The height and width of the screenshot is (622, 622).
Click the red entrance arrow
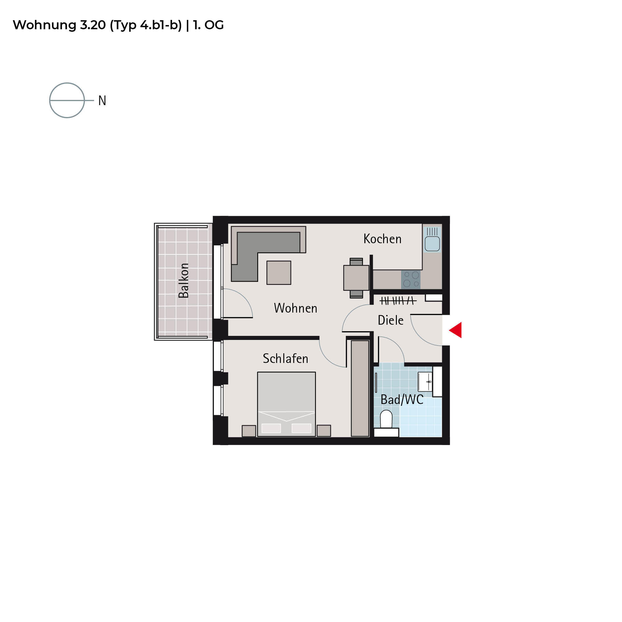point(456,330)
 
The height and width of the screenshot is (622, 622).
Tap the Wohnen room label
point(295,308)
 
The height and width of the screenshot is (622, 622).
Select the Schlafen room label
point(285,358)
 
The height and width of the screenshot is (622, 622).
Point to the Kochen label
point(383,239)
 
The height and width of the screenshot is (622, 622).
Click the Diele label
point(391,320)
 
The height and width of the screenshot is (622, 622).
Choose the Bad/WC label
point(402,399)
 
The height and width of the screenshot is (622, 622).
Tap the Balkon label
point(184,281)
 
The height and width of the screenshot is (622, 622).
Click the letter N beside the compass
point(102,100)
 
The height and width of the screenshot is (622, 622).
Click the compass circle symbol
point(67,83)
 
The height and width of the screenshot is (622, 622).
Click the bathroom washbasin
point(425,382)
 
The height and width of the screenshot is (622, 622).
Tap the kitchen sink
point(432,239)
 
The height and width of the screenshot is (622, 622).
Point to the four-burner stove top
point(411,280)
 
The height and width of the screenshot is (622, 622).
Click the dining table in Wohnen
point(356,278)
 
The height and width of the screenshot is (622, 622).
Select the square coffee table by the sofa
point(279,273)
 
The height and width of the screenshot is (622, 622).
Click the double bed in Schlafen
point(286,404)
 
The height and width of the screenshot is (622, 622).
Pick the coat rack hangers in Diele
point(398,301)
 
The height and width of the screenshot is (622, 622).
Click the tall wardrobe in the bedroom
point(360,388)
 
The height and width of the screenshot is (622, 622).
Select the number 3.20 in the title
point(93,25)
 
